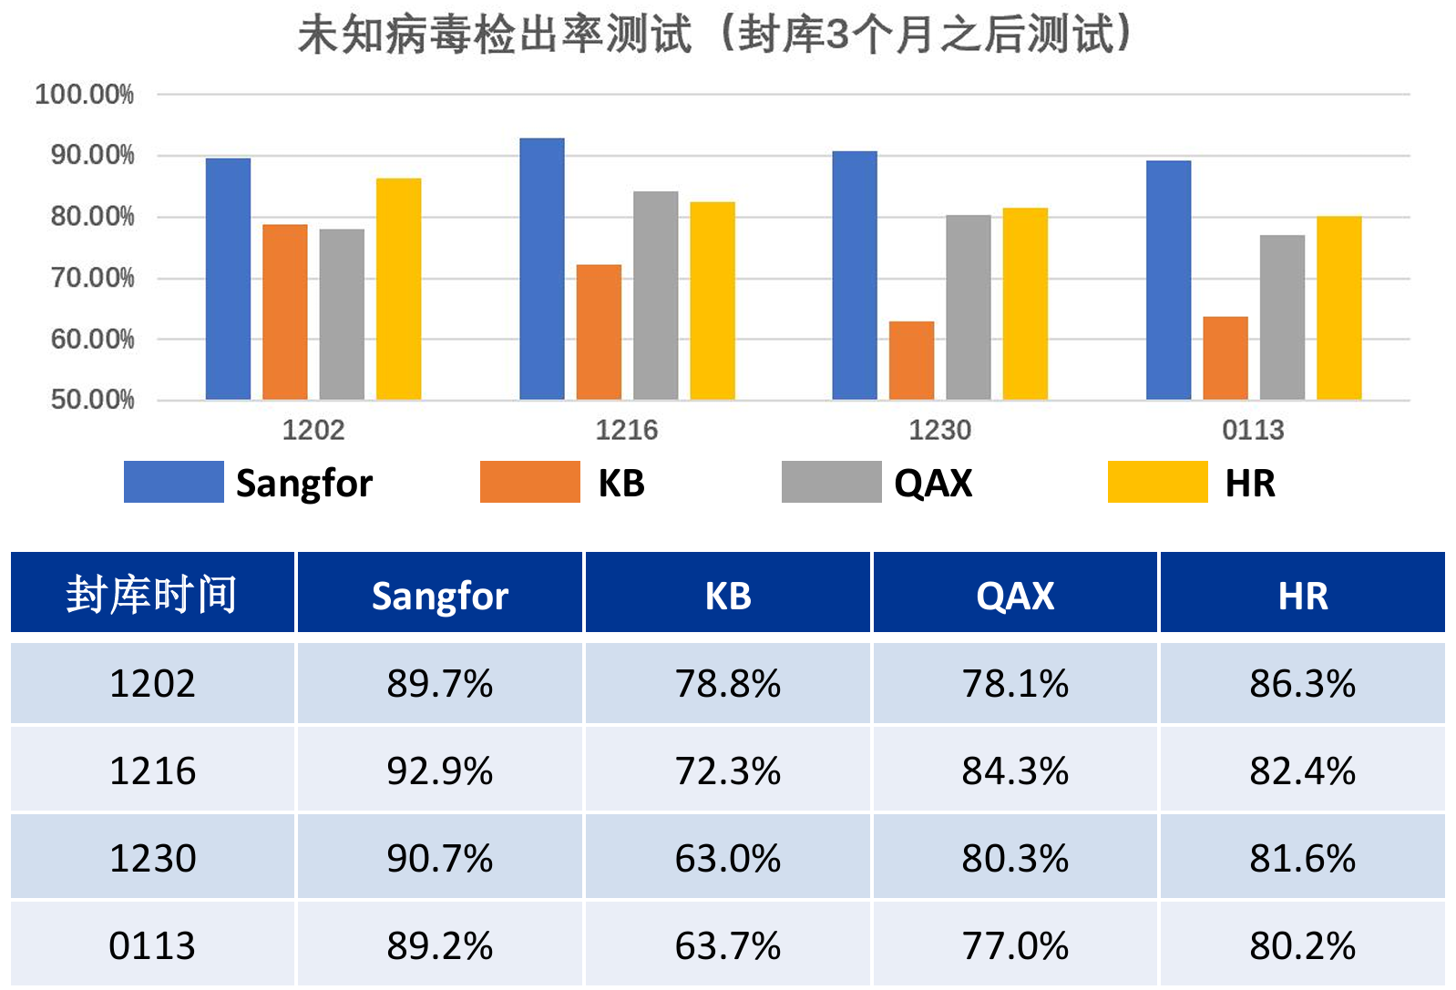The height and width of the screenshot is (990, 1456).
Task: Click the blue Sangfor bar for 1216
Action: pyautogui.click(x=542, y=269)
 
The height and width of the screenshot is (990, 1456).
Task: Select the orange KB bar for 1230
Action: pyautogui.click(x=912, y=361)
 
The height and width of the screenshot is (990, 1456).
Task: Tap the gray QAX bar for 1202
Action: pyautogui.click(x=342, y=314)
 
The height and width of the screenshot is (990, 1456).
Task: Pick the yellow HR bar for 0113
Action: pyautogui.click(x=1339, y=308)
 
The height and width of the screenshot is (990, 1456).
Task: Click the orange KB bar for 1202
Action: pyautogui.click(x=285, y=311)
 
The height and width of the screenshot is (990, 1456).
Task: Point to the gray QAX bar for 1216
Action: pyautogui.click(x=656, y=296)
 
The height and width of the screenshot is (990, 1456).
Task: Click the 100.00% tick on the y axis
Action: pyautogui.click(x=85, y=95)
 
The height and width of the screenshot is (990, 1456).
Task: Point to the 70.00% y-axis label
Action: pyautogui.click(x=92, y=278)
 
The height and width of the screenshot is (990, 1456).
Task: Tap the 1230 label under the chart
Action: pyautogui.click(x=940, y=430)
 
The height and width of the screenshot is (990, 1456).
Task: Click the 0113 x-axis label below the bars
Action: pyautogui.click(x=1253, y=430)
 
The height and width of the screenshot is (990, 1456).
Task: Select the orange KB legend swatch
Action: pyautogui.click(x=529, y=482)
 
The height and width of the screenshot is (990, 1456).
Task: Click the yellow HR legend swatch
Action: pyautogui.click(x=1158, y=482)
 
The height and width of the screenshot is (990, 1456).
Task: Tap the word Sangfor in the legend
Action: pyautogui.click(x=304, y=484)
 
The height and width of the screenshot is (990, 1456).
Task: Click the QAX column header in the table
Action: pyautogui.click(x=1015, y=596)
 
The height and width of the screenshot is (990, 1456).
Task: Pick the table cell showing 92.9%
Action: pyautogui.click(x=440, y=771)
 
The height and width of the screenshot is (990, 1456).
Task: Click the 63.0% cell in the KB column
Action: pyautogui.click(x=728, y=858)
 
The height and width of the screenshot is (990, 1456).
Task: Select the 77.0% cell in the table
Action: pyautogui.click(x=1015, y=945)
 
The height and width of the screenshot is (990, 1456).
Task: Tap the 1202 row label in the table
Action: pyautogui.click(x=152, y=683)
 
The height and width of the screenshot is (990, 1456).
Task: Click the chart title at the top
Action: pyautogui.click(x=716, y=34)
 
